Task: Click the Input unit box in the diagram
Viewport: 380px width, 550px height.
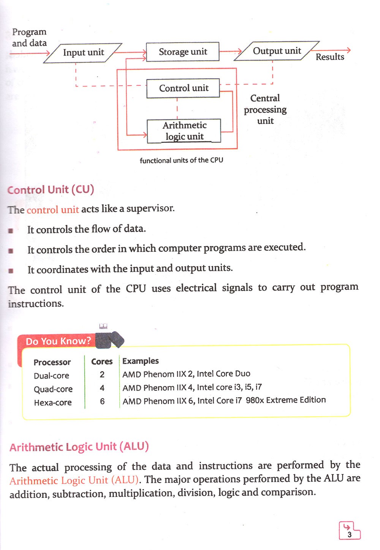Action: click(83, 52)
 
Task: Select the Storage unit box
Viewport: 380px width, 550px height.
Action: click(183, 52)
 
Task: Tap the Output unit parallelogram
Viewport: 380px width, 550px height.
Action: click(277, 51)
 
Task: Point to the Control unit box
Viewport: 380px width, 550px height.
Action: click(183, 88)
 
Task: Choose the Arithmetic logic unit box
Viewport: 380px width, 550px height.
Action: click(184, 131)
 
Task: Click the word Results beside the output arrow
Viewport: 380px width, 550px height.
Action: click(330, 57)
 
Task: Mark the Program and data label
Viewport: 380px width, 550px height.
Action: click(29, 38)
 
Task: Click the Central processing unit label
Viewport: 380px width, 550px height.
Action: click(265, 109)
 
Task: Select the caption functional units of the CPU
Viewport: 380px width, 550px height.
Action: click(181, 160)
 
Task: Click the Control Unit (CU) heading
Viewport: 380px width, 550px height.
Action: click(51, 190)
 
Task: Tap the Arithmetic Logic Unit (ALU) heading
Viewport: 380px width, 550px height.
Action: click(79, 447)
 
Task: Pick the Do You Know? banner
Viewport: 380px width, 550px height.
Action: click(58, 341)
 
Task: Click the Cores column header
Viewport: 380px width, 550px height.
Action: click(102, 362)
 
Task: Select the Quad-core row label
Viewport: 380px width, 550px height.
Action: click(53, 389)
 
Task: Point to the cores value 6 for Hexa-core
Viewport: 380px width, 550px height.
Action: click(102, 401)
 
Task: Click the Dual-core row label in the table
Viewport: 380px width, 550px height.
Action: click(51, 376)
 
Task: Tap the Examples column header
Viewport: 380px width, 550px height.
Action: click(141, 361)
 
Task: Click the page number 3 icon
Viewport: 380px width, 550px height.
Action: click(349, 531)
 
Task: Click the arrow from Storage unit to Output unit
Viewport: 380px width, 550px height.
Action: click(231, 51)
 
